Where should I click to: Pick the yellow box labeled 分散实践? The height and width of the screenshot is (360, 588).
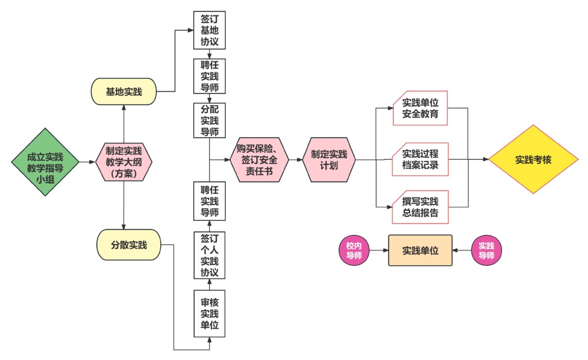[x=129, y=244]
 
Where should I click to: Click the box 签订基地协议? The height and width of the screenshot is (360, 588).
[x=210, y=29]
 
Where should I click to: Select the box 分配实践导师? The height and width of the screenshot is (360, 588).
[x=210, y=121]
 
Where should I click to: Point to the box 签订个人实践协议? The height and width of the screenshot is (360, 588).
[x=210, y=255]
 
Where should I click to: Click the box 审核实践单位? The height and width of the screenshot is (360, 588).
[x=210, y=312]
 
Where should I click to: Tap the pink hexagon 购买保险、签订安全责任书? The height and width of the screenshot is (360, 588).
[x=260, y=159]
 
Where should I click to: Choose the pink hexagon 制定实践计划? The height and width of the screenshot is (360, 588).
[x=329, y=159]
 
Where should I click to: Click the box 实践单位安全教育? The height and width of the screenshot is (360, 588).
[x=421, y=108]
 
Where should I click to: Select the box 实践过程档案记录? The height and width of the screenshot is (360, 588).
[x=421, y=159]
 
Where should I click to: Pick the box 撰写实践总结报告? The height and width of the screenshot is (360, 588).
[x=421, y=207]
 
